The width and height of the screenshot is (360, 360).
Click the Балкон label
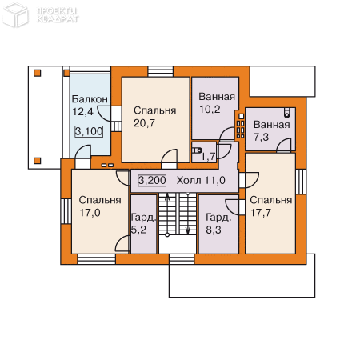90,99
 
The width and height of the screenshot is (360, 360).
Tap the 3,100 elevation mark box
89,131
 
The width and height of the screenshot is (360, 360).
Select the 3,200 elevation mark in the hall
152,181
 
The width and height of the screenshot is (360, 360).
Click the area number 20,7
144,123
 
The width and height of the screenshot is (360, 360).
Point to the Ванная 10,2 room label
217,103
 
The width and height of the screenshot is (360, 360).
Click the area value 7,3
261,137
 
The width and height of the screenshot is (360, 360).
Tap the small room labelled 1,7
204,153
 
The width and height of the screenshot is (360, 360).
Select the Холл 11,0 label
201,181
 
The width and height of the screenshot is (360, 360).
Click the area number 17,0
90,213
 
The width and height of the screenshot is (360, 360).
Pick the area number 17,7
261,213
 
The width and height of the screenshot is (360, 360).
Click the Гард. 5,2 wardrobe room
143,224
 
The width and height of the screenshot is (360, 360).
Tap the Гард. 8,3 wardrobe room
218,224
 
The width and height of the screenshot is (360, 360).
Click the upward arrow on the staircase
167,214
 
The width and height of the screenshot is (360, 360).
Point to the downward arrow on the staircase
188,214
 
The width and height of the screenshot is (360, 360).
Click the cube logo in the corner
15,14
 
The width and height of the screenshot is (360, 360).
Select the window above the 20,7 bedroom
161,71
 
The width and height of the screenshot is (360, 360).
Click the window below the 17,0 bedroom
97,259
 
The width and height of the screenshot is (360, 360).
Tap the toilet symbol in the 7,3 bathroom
286,113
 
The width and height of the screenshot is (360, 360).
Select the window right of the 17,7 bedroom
301,182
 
